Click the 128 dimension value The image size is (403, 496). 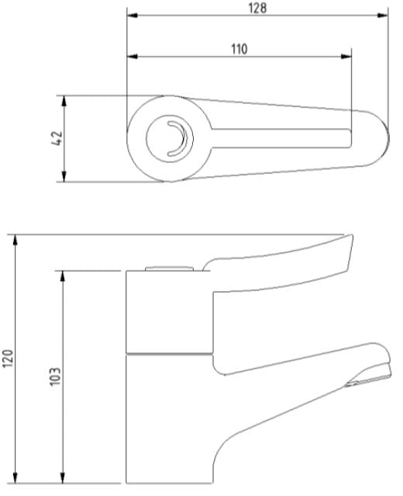pos(257,8)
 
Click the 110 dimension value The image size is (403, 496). pos(239,50)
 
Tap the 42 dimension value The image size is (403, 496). pos(57,138)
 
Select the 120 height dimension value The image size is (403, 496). pos(8,359)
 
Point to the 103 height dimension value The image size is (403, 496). pos(55,376)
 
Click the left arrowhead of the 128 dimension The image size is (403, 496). pos(133,16)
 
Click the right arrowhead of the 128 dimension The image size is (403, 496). pos(383,16)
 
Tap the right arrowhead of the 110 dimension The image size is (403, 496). pos(346,57)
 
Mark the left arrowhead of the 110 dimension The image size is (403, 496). pos(133,57)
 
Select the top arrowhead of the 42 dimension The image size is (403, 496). pos(64,101)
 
